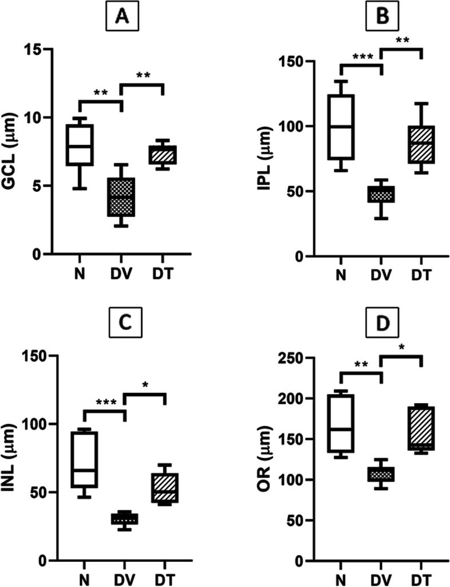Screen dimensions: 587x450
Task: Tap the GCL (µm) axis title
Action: [x=18, y=152]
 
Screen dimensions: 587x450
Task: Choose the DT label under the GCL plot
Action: [x=163, y=271]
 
